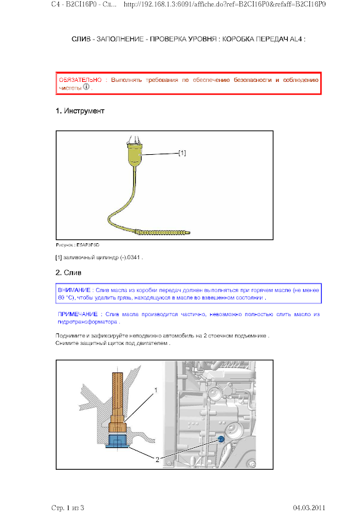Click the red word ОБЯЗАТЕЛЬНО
tap(80, 80)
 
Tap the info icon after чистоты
tap(86, 87)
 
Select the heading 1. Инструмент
tap(80, 111)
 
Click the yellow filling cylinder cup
tap(134, 155)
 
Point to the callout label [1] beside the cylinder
tap(182, 153)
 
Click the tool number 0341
tap(134, 257)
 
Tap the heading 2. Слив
tap(69, 273)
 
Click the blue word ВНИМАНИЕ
tap(74, 290)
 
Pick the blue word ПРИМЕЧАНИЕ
tap(78, 314)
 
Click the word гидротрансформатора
tap(87, 322)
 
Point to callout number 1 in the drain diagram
tap(156, 390)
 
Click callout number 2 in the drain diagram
tap(157, 460)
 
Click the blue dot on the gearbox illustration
tap(221, 439)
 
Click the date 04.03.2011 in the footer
tap(309, 508)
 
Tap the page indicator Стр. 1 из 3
tap(68, 508)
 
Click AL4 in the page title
tap(296, 39)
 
